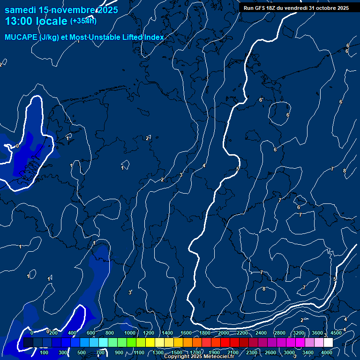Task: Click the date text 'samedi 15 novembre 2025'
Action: click(61, 10)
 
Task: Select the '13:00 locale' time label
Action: click(37, 21)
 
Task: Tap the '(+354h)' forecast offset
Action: click(83, 21)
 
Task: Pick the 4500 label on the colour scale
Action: click(336, 333)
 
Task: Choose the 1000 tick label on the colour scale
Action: click(130, 333)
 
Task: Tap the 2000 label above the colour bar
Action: click(224, 333)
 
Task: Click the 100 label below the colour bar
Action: click(45, 352)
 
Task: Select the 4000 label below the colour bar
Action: click(327, 352)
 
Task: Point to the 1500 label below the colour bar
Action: click(177, 352)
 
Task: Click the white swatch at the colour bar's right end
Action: click(328, 343)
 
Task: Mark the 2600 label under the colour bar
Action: click(270, 352)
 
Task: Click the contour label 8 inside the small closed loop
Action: click(264, 289)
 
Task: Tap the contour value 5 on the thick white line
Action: click(238, 169)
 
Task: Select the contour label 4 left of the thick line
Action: click(204, 165)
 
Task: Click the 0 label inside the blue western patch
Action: click(17, 146)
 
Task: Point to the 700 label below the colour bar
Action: click(101, 352)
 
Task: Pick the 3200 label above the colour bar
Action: click(299, 333)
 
